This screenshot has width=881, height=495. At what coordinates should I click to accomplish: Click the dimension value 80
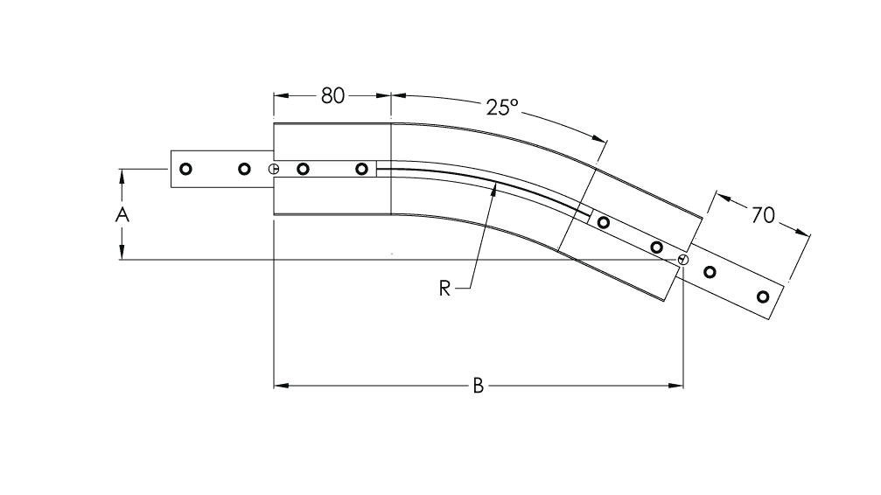point(332,96)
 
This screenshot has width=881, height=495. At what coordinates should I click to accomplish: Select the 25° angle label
point(502,108)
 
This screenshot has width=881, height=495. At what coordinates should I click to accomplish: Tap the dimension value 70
point(763,215)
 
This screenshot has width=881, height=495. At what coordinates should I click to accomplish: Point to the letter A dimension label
point(122,214)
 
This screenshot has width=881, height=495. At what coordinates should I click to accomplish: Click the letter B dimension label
point(479,386)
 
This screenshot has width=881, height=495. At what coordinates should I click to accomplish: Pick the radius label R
point(444,289)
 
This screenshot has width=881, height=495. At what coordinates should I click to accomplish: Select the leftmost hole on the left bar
point(185,169)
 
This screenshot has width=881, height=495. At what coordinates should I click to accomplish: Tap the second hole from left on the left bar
point(244,169)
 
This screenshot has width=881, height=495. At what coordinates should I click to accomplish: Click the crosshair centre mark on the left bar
point(274,169)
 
